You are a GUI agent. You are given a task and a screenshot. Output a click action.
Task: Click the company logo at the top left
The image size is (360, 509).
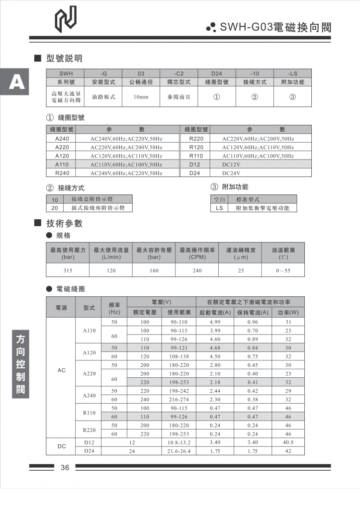(66, 20)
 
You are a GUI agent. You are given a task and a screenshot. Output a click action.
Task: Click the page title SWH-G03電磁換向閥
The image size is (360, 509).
(275, 28)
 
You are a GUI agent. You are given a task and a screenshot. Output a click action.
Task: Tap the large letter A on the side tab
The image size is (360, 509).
(16, 81)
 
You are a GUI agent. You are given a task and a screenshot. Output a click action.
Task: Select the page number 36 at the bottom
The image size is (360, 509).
(65, 467)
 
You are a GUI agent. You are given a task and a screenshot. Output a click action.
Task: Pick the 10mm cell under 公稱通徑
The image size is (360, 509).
(141, 97)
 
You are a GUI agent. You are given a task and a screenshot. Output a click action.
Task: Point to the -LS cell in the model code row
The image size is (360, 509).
(292, 73)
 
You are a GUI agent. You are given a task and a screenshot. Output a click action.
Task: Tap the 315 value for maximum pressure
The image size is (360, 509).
(68, 270)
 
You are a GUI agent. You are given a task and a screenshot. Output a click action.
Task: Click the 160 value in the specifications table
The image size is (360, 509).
(154, 270)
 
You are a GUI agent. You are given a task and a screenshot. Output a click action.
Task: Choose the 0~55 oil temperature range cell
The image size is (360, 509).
(283, 270)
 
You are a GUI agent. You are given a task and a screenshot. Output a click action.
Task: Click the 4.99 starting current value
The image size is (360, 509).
(215, 322)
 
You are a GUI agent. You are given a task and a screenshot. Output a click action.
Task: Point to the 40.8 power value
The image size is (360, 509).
(288, 442)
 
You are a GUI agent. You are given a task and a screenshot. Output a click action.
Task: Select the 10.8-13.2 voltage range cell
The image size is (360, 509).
(180, 442)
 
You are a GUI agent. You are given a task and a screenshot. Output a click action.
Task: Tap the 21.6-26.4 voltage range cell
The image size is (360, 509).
(180, 451)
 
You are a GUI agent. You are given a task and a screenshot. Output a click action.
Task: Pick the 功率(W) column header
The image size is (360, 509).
(288, 313)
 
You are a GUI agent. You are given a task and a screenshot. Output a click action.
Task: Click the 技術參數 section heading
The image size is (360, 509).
(64, 223)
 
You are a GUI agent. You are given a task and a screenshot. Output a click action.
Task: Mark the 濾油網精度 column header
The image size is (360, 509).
(240, 250)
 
